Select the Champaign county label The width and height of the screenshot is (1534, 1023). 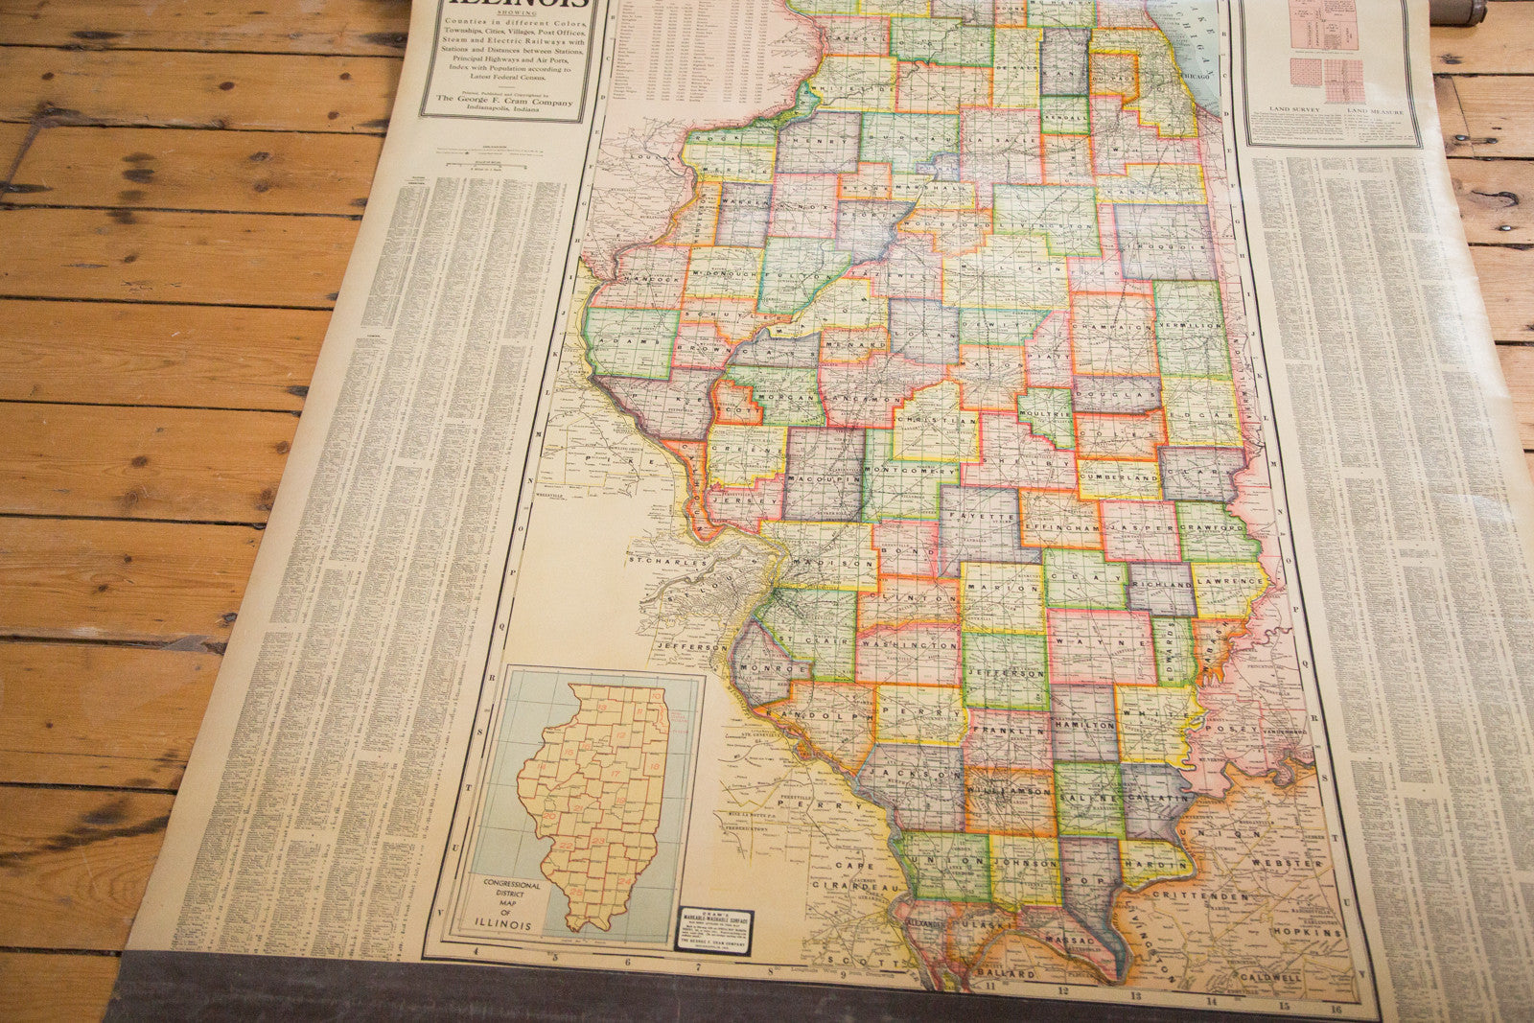[x=1114, y=327]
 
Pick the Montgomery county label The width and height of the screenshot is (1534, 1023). [x=911, y=471]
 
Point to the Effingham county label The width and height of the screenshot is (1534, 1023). [x=1059, y=526]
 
